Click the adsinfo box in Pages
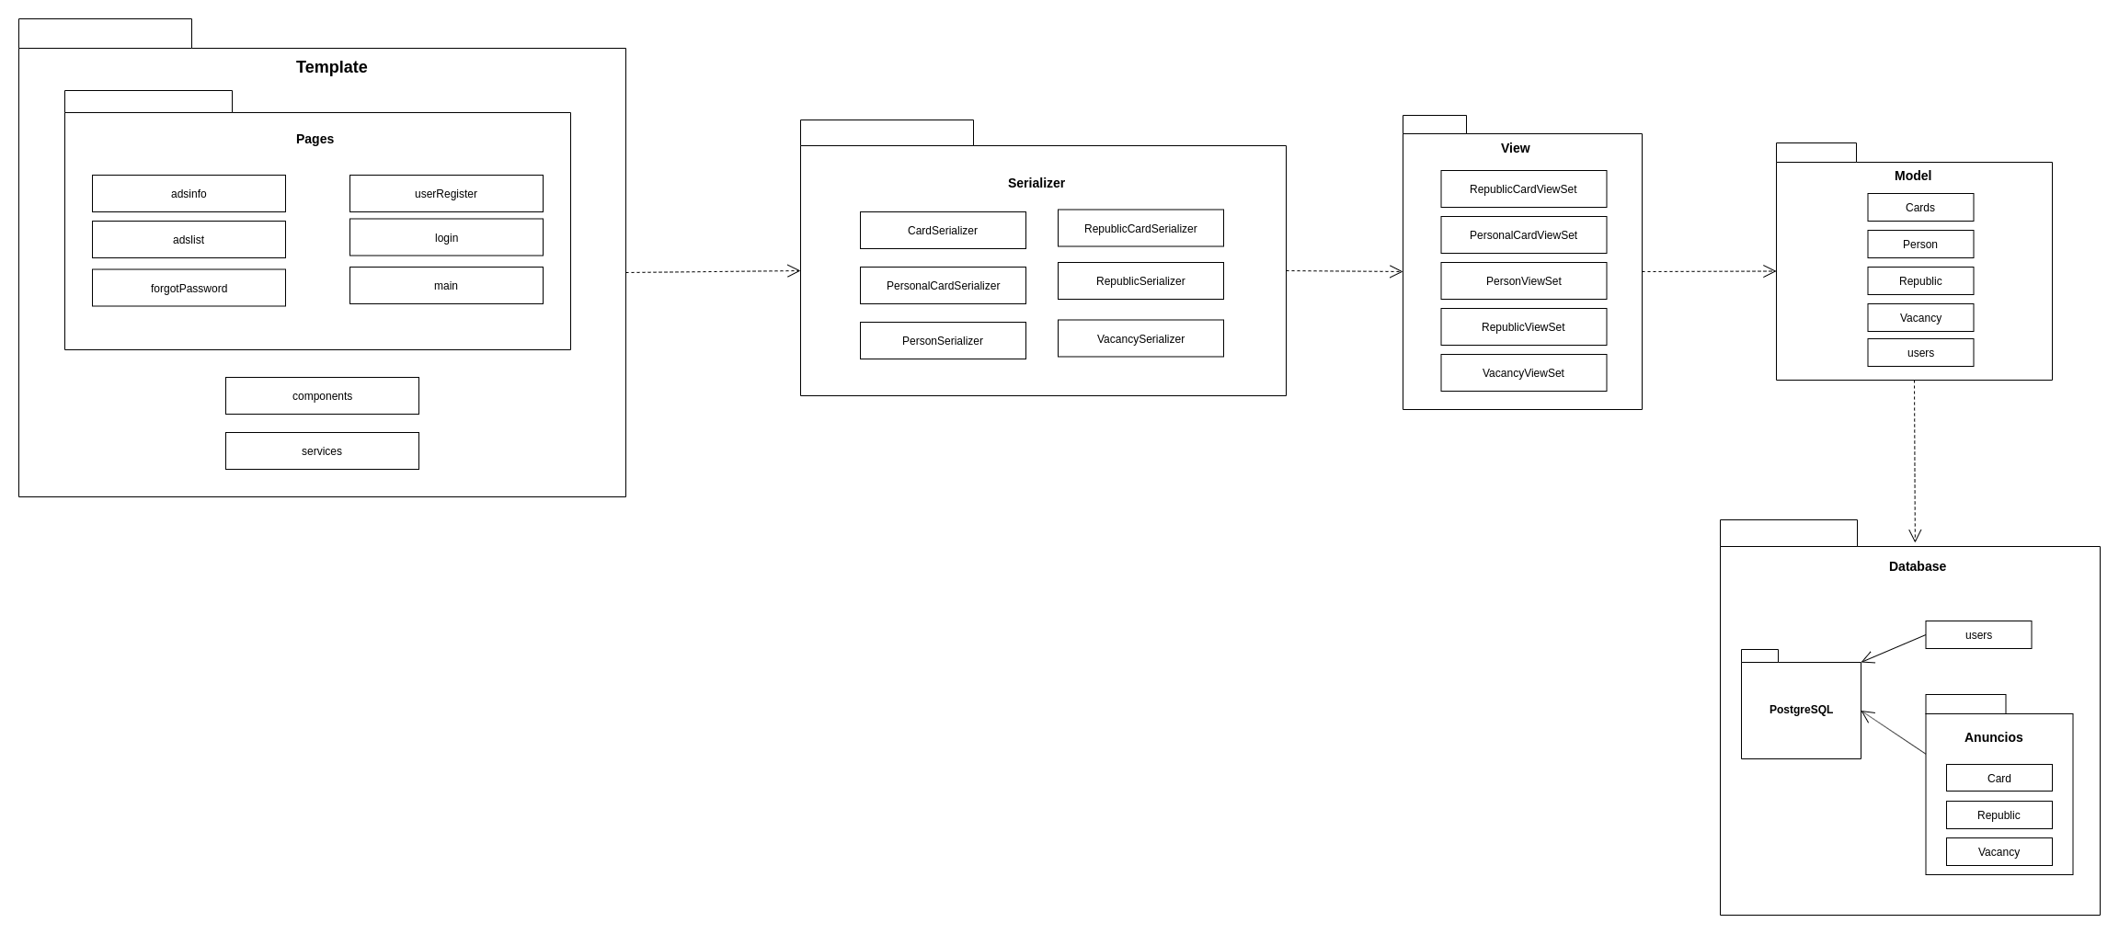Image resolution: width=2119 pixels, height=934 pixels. pos(189,193)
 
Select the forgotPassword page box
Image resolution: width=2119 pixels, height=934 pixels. pos(189,288)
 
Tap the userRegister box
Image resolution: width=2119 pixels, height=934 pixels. pos(446,193)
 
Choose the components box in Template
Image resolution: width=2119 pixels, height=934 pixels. pos(322,395)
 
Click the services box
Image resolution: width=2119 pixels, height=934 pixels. pos(322,450)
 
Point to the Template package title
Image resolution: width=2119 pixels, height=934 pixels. pos(331,67)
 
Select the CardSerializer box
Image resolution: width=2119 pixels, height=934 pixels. pos(943,230)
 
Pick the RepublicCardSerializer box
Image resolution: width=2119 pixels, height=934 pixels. pos(1140,228)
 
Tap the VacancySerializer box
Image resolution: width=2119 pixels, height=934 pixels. pos(1140,338)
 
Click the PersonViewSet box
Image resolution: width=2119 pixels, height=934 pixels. pos(1523,280)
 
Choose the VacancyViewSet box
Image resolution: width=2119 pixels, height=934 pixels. pos(1523,372)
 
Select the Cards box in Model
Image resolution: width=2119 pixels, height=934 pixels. pos(1920,207)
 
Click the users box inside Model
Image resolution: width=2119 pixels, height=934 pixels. pos(1920,352)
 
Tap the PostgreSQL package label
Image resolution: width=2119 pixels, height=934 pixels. pos(1801,710)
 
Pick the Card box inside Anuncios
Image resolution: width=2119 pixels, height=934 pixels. pos(1999,778)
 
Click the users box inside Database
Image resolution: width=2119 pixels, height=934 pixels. pos(1978,634)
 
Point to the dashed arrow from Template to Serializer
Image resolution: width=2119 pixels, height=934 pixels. pos(713,271)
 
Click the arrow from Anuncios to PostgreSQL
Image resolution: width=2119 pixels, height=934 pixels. pos(1893,732)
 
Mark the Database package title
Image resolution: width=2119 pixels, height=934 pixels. pos(1917,566)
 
